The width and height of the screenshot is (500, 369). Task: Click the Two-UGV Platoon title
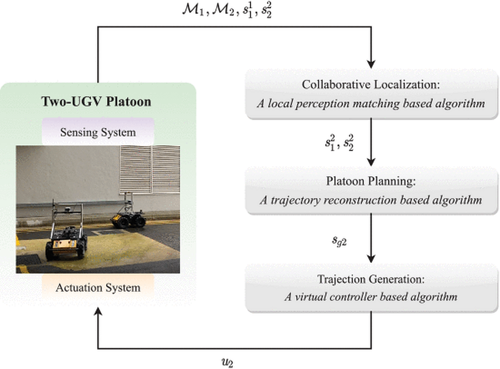click(96, 101)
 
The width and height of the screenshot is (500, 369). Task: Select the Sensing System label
click(98, 132)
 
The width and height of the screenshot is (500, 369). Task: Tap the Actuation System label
click(98, 287)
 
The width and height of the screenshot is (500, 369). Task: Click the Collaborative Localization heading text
click(370, 85)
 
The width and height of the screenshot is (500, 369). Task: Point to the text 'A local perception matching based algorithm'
click(370, 104)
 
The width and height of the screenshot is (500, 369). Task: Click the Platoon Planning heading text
click(370, 181)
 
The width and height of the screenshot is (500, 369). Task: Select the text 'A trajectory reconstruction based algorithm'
click(370, 200)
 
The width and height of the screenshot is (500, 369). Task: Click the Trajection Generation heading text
click(370, 278)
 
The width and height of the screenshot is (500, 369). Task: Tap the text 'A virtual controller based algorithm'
click(370, 297)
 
